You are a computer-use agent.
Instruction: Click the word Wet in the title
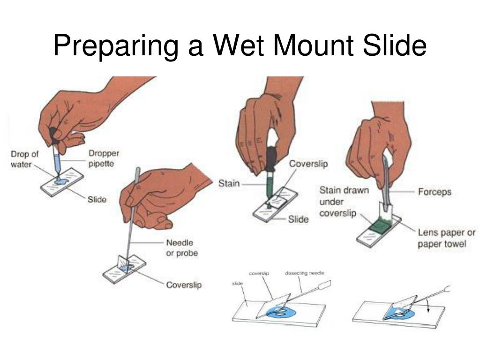pyautogui.click(x=238, y=45)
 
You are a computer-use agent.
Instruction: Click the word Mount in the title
pyautogui.click(x=313, y=45)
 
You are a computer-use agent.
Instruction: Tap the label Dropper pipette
pyautogui.click(x=104, y=158)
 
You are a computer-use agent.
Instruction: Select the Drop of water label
pyautogui.click(x=24, y=159)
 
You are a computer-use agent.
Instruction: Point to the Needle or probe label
pyautogui.click(x=182, y=247)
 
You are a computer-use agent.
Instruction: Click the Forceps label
pyautogui.click(x=435, y=192)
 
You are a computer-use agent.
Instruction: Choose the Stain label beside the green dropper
pyautogui.click(x=229, y=183)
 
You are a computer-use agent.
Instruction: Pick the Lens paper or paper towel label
pyautogui.click(x=447, y=238)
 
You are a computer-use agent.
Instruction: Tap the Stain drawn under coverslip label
pyautogui.click(x=344, y=202)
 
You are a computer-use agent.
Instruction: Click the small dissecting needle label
pyautogui.click(x=305, y=273)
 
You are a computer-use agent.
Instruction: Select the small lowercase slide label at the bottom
pyautogui.click(x=238, y=284)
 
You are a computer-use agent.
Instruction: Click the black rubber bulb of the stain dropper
pyautogui.click(x=271, y=159)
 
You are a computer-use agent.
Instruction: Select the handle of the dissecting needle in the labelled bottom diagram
pyautogui.click(x=324, y=285)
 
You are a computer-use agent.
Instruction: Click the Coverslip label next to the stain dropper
pyautogui.click(x=308, y=164)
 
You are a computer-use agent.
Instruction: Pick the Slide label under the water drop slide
pyautogui.click(x=97, y=200)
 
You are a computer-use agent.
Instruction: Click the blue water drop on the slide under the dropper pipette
pyautogui.click(x=61, y=181)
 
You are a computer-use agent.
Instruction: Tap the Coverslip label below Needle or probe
pyautogui.click(x=184, y=285)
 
